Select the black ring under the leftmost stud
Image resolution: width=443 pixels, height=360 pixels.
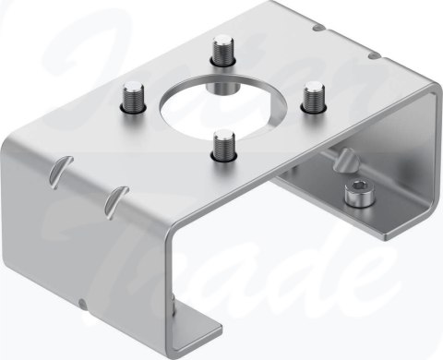135,109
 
